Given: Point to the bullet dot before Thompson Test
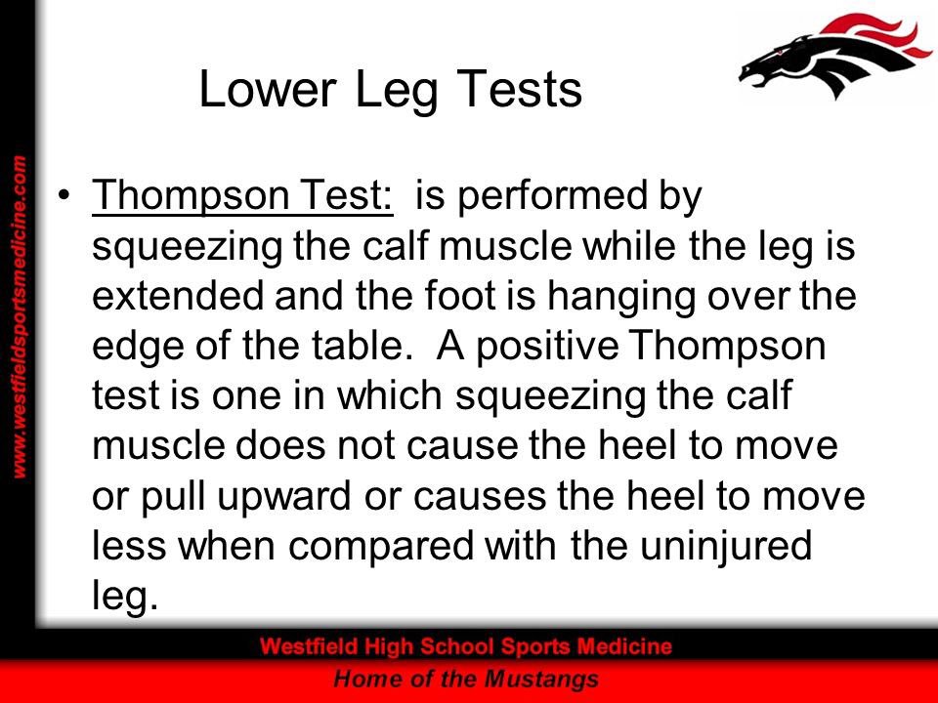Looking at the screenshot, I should (x=64, y=198).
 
